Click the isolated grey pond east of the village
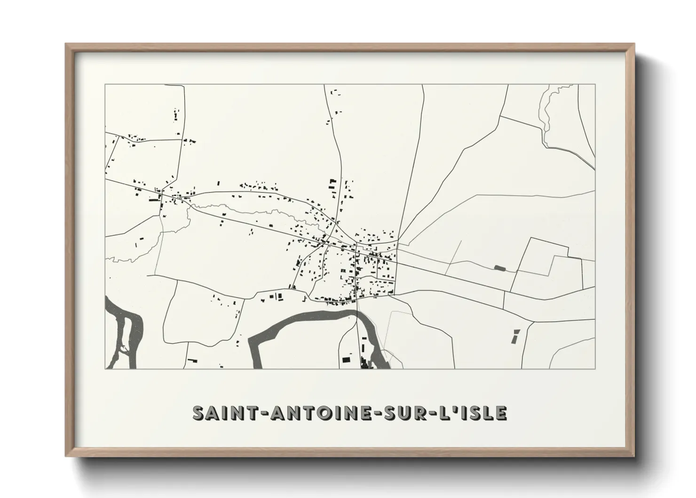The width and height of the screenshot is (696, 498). pos(499,268)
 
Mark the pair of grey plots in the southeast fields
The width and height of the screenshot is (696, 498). pos(515,336)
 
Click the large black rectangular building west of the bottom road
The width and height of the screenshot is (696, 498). pos(346,360)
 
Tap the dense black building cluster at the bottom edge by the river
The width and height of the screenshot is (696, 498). pos(364,363)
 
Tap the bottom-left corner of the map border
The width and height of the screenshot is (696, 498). pos(105,369)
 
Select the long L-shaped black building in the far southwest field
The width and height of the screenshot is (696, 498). pos(192,361)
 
